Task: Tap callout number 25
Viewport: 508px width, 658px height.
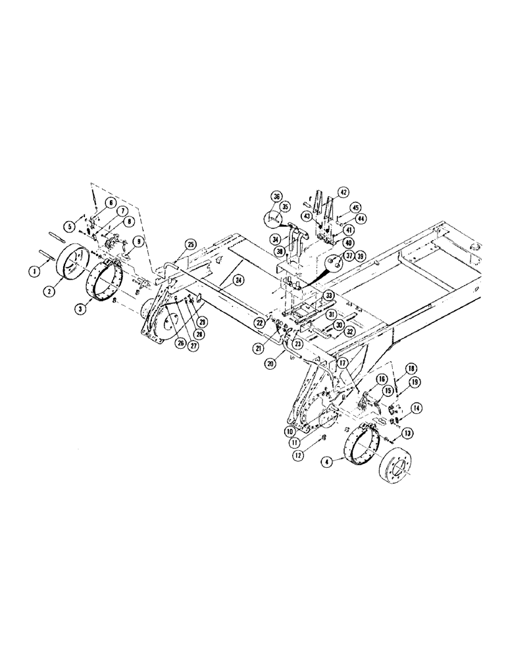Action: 190,244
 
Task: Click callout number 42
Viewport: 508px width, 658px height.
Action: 343,192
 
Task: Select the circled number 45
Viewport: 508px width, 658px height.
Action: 355,208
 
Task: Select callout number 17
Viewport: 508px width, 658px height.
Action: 342,361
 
